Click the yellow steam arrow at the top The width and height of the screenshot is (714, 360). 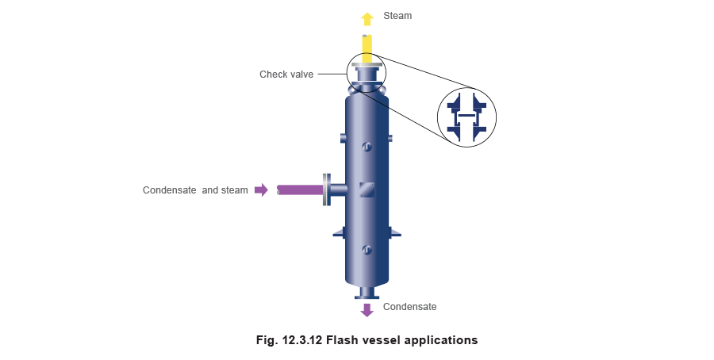click(x=367, y=18)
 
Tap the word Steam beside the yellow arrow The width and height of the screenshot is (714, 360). click(x=398, y=17)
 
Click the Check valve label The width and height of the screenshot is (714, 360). click(x=288, y=75)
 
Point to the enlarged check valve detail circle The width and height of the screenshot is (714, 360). click(x=466, y=117)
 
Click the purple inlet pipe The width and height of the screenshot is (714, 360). click(x=299, y=190)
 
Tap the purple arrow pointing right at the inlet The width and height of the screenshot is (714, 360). click(x=261, y=190)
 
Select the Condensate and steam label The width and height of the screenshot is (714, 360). click(x=195, y=190)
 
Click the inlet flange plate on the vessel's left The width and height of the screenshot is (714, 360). click(x=327, y=190)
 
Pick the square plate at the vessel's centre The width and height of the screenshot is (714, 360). click(x=367, y=190)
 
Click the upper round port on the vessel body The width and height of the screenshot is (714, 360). click(x=367, y=147)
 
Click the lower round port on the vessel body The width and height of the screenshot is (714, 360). click(x=367, y=251)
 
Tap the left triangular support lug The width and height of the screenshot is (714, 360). click(x=338, y=232)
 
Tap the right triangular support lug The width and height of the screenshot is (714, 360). click(x=395, y=232)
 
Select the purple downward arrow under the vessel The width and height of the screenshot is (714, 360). click(x=367, y=310)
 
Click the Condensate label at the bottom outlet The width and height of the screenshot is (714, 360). click(x=409, y=307)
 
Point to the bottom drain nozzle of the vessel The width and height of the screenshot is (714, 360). click(x=367, y=293)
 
